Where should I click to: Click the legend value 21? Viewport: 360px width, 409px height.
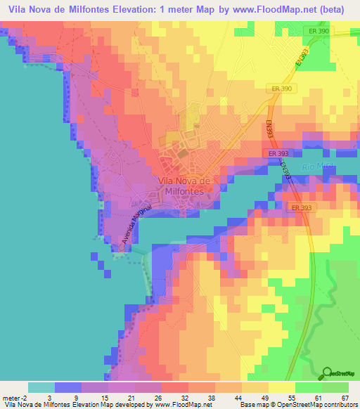135,397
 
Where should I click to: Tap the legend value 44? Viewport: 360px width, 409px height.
243,397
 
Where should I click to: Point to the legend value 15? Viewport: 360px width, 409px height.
108,397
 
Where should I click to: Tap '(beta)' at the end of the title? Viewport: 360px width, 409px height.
333,10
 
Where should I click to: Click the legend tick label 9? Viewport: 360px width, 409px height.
82,397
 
